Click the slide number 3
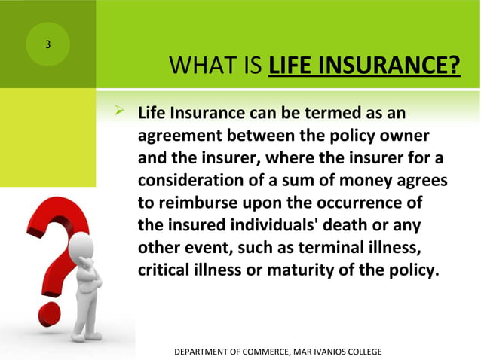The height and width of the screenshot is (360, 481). (x=48, y=44)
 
